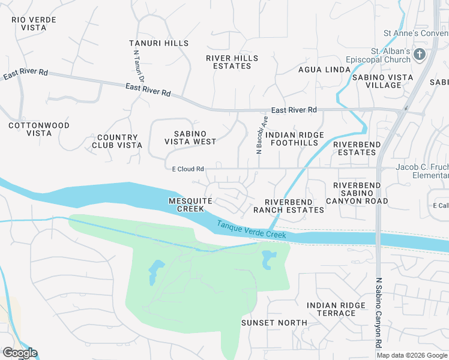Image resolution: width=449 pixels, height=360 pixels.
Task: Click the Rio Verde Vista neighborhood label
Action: [x=34, y=24]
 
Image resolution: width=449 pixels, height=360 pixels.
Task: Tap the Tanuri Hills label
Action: [x=159, y=43]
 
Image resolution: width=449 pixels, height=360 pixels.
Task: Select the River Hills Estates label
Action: [x=232, y=62]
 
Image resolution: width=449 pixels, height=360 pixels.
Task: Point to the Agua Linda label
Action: [x=324, y=70]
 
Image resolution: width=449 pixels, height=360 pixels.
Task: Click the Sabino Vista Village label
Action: [x=382, y=81]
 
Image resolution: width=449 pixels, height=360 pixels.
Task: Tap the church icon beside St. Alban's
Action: [x=419, y=55]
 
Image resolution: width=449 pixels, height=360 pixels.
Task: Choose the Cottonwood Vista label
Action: [x=39, y=129]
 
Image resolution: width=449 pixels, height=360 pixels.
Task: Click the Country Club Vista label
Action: [x=117, y=141]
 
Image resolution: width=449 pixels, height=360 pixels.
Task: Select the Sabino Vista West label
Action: [x=190, y=137]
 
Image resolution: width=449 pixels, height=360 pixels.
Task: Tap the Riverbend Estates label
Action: [x=355, y=148]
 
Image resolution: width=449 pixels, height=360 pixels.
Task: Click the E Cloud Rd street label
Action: [x=188, y=169]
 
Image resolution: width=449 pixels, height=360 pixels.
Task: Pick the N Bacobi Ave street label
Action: [x=262, y=136]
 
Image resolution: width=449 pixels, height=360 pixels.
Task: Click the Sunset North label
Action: [x=274, y=322]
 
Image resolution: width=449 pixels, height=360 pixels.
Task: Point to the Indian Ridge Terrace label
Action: [x=336, y=309]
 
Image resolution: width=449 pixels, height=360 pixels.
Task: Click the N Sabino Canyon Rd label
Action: [x=379, y=313]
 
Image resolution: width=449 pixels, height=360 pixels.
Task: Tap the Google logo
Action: [x=20, y=353]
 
